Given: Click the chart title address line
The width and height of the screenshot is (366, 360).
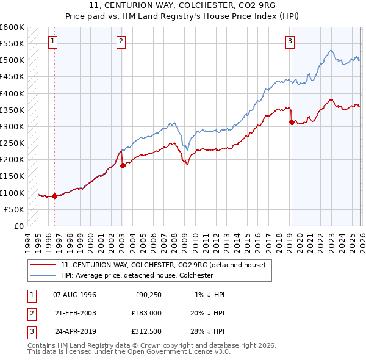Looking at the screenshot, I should [182, 6].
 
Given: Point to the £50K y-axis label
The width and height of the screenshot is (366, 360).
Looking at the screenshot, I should [14, 209].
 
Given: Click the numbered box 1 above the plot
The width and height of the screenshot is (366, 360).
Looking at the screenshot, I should [53, 41].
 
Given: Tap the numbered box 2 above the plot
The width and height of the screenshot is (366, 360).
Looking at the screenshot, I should [121, 41].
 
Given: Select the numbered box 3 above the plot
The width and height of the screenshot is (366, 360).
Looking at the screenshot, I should [290, 41].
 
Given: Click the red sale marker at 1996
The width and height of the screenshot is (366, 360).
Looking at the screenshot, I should [54, 196].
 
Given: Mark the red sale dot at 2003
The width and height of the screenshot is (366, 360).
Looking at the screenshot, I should [123, 165].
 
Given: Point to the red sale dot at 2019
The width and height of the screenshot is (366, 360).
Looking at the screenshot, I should [292, 122].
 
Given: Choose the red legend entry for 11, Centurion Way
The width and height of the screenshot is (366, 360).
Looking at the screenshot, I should [163, 265].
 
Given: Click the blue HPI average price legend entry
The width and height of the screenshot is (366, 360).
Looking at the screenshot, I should [137, 275].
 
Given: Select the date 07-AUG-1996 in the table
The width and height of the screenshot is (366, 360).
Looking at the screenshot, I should [74, 295].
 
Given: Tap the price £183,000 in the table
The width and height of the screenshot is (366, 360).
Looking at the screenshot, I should [146, 313].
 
